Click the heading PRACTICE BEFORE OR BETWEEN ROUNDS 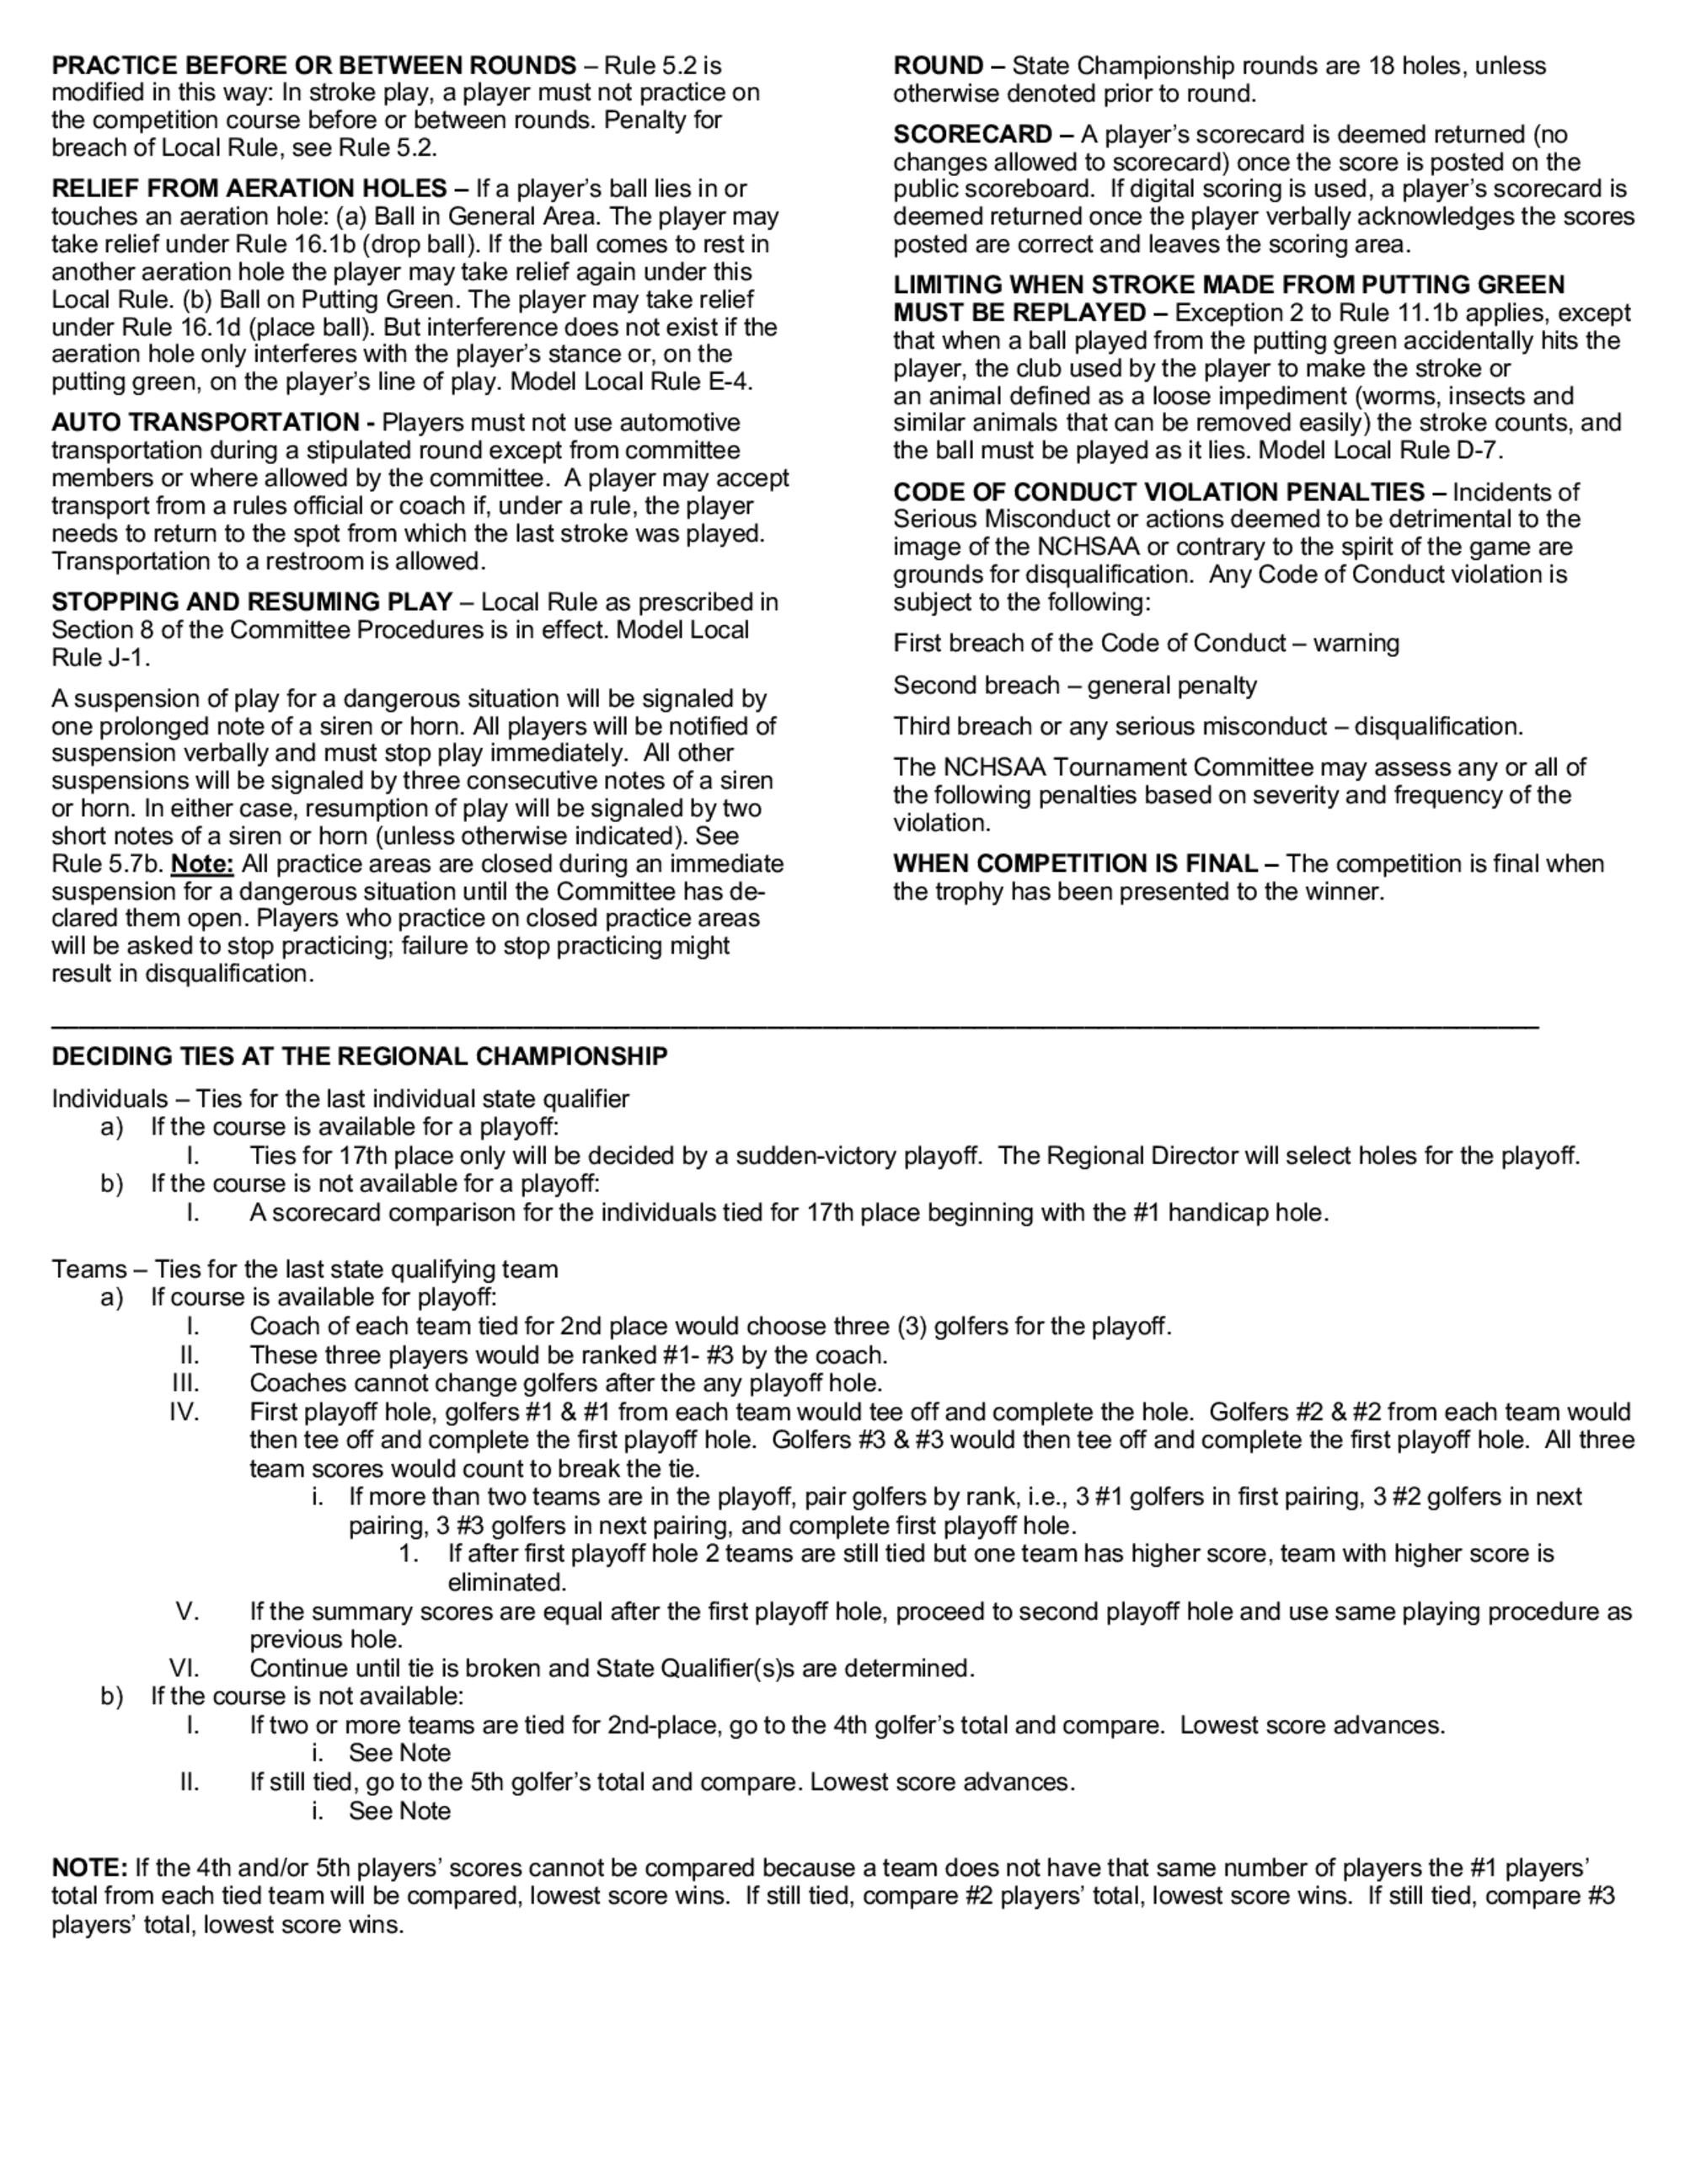(313, 66)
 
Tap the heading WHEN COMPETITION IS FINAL (1075, 863)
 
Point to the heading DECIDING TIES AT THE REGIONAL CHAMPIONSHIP (360, 1056)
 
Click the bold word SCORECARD (972, 135)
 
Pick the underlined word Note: (201, 863)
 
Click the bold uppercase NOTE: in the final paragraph (88, 1867)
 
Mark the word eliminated (506, 1582)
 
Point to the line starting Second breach (1074, 685)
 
